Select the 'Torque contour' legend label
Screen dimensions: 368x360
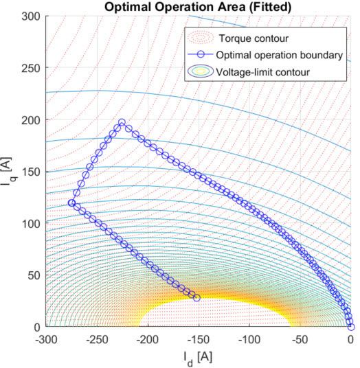pos(247,37)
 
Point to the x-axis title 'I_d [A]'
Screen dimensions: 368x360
pos(198,358)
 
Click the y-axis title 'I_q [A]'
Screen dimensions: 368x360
pos(9,171)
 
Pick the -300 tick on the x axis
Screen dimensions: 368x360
pos(46,338)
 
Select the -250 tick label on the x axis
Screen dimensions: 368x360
pos(97,338)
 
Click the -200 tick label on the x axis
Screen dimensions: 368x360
pos(148,338)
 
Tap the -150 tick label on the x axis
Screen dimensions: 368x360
pos(199,338)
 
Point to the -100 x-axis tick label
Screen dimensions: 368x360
pos(249,338)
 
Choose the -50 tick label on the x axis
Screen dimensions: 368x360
pos(300,338)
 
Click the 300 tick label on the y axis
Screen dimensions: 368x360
pos(32,16)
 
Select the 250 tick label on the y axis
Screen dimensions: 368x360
pos(32,68)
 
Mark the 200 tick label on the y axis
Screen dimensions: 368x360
pos(32,119)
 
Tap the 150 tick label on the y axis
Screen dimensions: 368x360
pos(32,172)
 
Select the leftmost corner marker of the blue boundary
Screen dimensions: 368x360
pos(71,203)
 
